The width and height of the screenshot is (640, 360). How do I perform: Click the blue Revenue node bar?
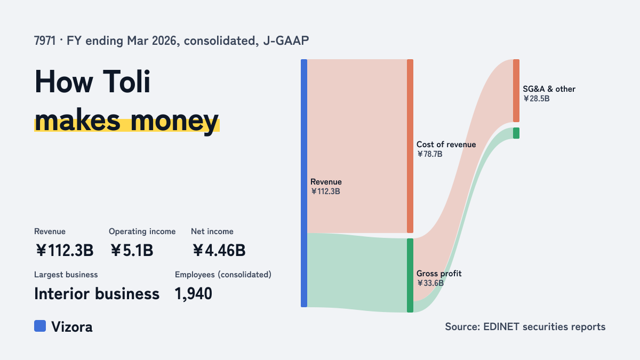pos(304,183)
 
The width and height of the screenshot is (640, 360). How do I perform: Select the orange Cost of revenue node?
pos(410,146)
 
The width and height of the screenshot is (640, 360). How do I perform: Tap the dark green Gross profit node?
pos(410,275)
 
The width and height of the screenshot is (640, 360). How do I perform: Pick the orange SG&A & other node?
pos(516,91)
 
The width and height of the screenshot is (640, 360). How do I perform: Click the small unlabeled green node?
pos(516,133)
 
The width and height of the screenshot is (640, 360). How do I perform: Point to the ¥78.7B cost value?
pos(430,154)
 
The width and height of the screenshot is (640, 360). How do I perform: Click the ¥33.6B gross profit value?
pos(430,283)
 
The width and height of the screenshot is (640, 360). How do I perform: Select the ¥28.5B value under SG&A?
pos(537,99)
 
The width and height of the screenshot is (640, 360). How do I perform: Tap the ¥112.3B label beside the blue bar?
pos(325,191)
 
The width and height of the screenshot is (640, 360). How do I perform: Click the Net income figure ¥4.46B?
pos(219,250)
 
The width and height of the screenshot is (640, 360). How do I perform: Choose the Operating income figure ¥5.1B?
pos(132,250)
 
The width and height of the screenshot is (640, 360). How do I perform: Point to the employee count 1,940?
pos(194,294)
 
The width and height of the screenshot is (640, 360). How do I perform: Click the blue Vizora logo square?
pos(40,326)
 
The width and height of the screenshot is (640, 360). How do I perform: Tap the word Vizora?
pos(72,327)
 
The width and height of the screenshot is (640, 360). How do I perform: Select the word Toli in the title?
pos(126,82)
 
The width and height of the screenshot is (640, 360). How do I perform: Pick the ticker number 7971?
pos(45,41)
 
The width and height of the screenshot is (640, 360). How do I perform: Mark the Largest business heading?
pos(66,275)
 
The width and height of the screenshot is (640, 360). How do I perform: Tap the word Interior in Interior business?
pos(61,294)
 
